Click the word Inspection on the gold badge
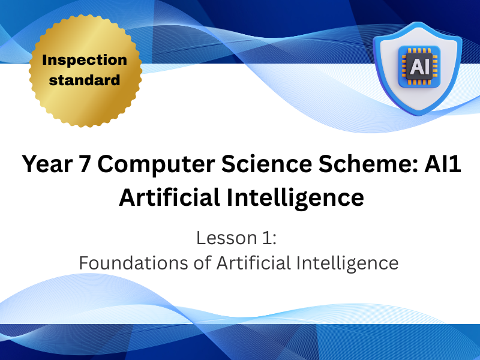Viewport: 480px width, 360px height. [85, 60]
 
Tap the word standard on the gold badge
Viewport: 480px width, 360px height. [85, 79]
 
